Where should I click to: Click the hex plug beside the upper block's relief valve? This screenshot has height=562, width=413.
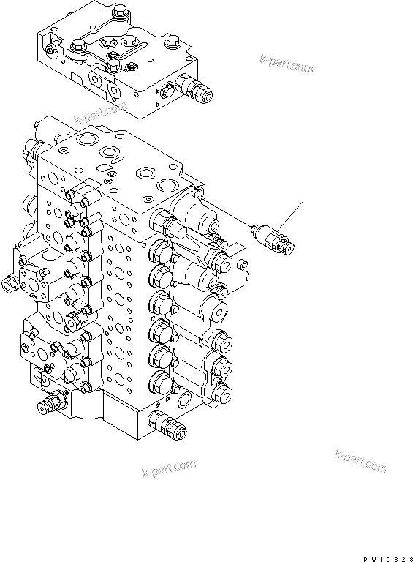click(166, 91)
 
